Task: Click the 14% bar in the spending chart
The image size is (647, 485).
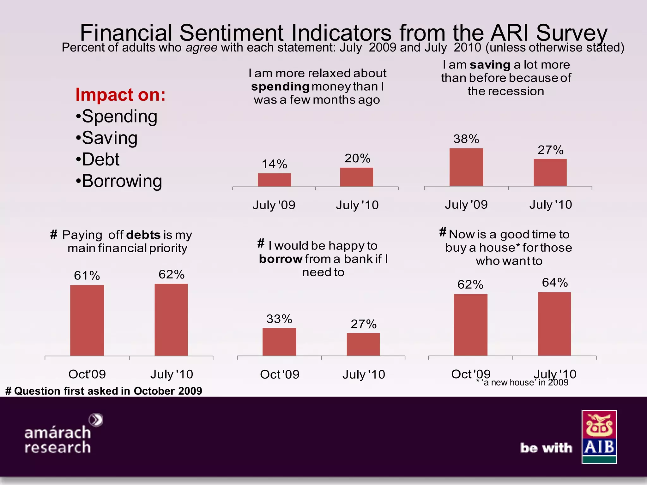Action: coord(274,180)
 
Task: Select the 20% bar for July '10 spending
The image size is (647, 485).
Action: coord(356,177)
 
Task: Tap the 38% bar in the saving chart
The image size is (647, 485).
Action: coord(466,167)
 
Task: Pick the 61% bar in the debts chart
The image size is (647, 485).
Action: coord(87,320)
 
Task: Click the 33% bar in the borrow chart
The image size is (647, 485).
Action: coord(279,342)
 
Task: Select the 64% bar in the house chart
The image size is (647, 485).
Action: coord(554,324)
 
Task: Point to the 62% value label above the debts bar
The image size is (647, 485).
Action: coord(172,274)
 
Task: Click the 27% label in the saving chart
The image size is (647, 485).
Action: coord(550,150)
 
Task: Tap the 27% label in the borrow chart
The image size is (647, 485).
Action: coord(364,324)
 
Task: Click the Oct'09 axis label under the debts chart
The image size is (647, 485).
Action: coord(87,374)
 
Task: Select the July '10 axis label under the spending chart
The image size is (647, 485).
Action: coord(357,205)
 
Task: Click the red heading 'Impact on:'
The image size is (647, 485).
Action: coord(120,95)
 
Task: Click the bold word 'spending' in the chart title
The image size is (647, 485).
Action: coord(280,87)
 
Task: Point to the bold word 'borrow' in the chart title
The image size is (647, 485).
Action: coord(281,259)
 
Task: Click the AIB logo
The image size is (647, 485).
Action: coord(599,437)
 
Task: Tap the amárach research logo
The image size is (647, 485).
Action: coord(63,434)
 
